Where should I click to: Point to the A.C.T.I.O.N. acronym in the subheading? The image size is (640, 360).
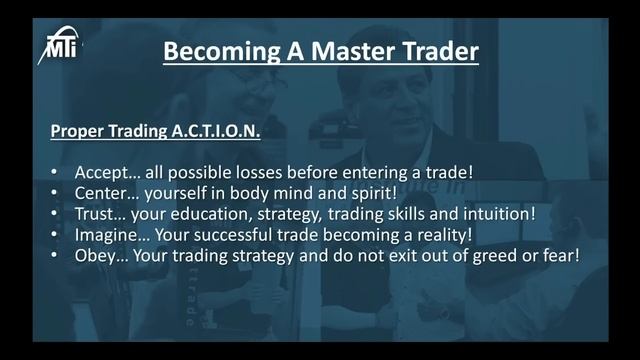coord(211,131)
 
